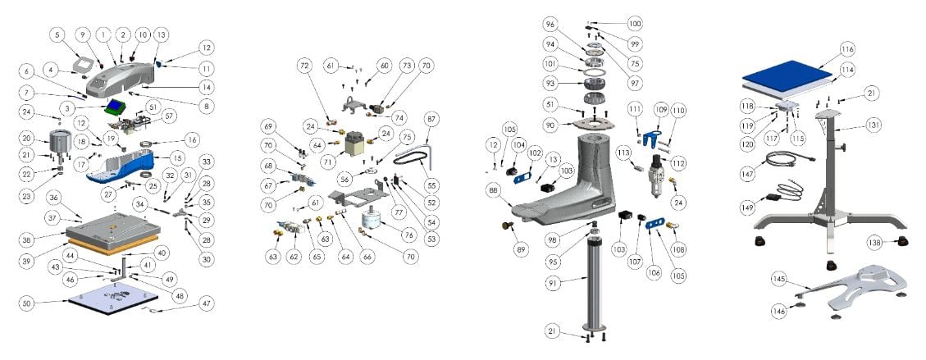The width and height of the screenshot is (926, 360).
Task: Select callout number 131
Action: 874,126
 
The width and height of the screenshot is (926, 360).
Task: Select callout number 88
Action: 492,189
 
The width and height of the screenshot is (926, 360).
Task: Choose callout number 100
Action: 635,24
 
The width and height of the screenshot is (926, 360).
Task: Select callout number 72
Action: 304,64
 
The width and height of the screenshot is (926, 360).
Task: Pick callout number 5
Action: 56,35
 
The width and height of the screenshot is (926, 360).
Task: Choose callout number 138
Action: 876,242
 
